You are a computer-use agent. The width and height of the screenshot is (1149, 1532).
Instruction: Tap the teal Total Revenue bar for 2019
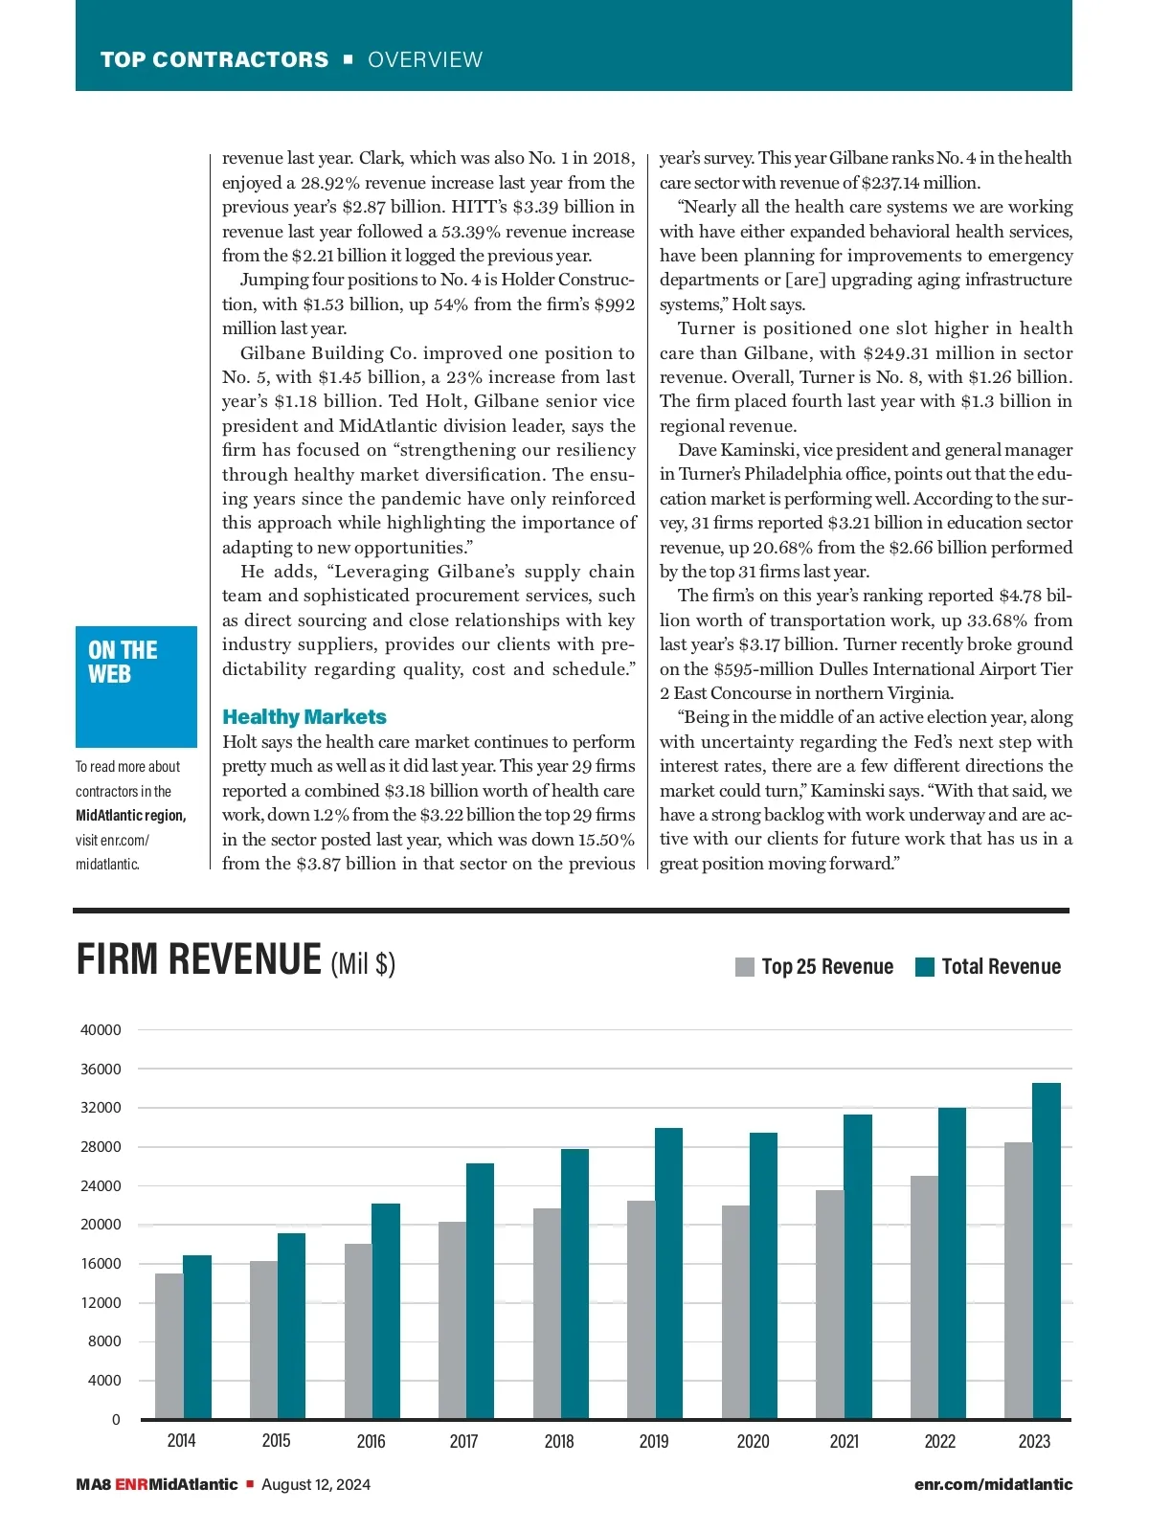[x=668, y=1273]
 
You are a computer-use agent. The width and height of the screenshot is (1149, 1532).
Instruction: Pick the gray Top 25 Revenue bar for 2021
[x=829, y=1304]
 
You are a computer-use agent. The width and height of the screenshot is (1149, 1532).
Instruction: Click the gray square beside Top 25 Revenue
[x=745, y=967]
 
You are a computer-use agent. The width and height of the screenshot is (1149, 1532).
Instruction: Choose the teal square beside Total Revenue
[x=924, y=967]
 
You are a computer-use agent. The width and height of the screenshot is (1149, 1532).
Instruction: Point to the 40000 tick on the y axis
[x=101, y=1030]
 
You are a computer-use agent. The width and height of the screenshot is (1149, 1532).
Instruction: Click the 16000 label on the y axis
[x=101, y=1264]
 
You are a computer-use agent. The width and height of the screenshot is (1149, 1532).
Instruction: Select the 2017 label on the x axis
[x=463, y=1441]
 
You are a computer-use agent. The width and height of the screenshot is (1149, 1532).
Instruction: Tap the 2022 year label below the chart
[x=939, y=1441]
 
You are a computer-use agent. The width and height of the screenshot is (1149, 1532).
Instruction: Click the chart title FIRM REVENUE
[x=199, y=959]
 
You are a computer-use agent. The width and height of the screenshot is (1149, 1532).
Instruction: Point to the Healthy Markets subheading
[x=304, y=717]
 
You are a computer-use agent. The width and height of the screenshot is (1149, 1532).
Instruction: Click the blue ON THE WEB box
[x=136, y=686]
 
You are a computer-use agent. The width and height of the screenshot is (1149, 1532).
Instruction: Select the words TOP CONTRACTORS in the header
[x=214, y=59]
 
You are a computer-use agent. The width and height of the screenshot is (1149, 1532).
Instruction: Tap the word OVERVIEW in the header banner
[x=425, y=59]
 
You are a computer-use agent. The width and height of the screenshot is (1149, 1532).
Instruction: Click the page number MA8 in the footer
[x=93, y=1484]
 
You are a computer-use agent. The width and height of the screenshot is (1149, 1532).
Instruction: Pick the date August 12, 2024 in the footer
[x=316, y=1484]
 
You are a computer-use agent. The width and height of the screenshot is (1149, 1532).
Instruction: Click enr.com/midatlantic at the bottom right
[x=993, y=1484]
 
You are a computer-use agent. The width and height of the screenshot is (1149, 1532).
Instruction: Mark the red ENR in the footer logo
[x=131, y=1484]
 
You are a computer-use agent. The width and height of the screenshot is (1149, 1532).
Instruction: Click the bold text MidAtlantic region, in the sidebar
[x=131, y=815]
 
